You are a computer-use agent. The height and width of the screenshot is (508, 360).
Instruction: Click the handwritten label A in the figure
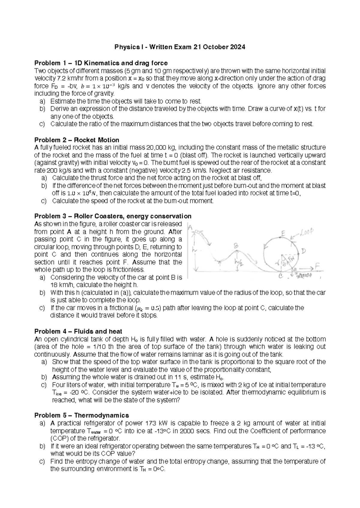(190, 228)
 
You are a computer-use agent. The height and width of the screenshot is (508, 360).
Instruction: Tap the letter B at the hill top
(236, 246)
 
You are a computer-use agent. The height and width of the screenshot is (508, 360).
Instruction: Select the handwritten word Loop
(307, 231)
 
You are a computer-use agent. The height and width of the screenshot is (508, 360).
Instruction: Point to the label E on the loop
(283, 233)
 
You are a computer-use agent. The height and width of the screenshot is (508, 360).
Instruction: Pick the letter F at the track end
(317, 266)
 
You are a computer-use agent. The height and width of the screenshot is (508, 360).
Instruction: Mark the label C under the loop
(281, 277)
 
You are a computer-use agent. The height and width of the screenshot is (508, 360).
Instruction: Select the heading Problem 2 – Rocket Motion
(77, 140)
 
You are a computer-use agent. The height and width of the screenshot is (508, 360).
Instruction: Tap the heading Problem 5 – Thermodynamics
(82, 415)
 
